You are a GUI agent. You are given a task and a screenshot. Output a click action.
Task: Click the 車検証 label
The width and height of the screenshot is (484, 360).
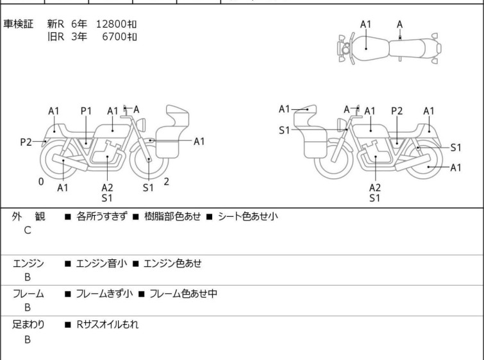pos(18,24)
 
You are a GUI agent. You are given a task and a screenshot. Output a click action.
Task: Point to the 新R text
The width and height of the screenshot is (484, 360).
pos(56,24)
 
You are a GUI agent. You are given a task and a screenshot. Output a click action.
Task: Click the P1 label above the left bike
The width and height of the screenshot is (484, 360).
pos(86,111)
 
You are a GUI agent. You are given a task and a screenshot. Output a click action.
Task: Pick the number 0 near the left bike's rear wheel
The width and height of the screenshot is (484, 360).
pos(41,182)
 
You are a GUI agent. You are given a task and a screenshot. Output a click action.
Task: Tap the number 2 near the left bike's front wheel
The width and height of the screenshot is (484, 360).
pos(167,182)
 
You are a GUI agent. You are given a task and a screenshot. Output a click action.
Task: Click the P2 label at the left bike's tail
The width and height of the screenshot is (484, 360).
pos(26,142)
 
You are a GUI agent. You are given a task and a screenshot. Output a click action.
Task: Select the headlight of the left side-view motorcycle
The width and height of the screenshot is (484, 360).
pos(141,124)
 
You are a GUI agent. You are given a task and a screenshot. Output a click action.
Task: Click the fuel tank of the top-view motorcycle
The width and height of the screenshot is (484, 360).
pos(369,49)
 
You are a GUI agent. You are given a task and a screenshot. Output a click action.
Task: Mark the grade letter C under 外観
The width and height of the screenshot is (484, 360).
pos(28,230)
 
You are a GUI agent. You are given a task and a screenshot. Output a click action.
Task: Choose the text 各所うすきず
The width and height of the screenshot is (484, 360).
pos(102,216)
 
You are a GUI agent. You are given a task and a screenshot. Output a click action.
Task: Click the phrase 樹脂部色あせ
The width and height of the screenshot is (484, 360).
pos(172,216)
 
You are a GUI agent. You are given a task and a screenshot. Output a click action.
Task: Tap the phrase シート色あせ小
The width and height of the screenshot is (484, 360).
pos(248,216)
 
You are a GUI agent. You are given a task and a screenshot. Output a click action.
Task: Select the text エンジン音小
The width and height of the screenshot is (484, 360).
pos(101,263)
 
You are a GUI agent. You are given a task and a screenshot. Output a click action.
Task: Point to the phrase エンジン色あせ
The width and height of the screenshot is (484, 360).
pos(172,263)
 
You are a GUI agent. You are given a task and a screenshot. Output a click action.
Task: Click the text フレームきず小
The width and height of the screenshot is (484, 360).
pos(104,293)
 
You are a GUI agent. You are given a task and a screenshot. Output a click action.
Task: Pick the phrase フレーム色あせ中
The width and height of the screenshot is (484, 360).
pos(183,293)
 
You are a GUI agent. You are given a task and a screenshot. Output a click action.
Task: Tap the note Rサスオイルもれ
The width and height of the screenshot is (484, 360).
pos(108,325)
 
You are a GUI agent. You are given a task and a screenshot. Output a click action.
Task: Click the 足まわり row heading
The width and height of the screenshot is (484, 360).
pos(28,325)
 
